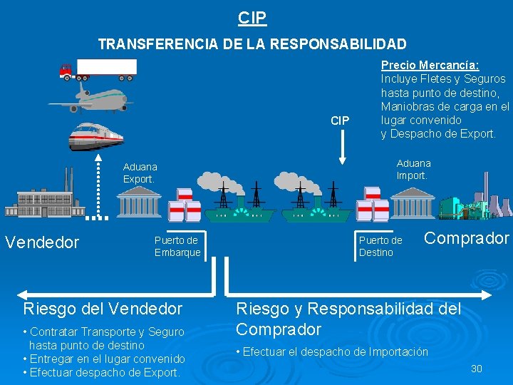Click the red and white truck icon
(x=98, y=68)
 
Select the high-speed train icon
(x=95, y=135)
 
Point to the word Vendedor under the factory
(x=42, y=242)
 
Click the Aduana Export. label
(x=139, y=173)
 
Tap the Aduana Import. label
(x=413, y=170)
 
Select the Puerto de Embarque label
(x=177, y=247)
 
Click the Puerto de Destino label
(x=380, y=247)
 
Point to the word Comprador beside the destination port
(x=467, y=238)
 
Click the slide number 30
(x=477, y=369)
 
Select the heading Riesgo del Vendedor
(x=103, y=309)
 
